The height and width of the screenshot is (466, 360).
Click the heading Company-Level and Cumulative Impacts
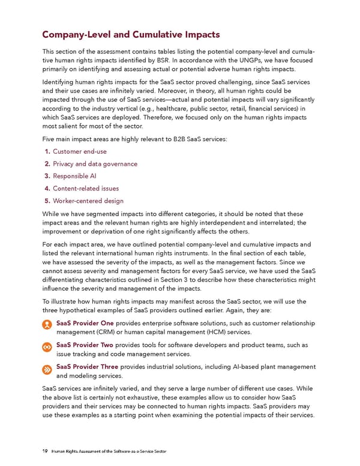coord(131,34)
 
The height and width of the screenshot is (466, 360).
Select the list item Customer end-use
coord(80,151)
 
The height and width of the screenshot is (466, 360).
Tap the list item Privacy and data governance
coord(95,164)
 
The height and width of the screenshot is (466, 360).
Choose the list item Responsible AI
coord(74,176)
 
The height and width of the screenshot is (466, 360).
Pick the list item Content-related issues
coord(86,189)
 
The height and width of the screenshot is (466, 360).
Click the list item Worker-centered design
coord(88,201)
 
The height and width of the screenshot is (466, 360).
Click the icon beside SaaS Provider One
coord(47,324)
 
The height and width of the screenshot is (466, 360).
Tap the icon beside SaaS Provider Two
coord(47,347)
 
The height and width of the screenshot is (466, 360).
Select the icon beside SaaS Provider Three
coord(47,369)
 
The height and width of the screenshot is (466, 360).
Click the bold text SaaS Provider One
coord(85,323)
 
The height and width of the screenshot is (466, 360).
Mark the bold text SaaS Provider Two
coord(85,345)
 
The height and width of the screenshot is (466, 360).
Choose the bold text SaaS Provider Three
coord(87,367)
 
